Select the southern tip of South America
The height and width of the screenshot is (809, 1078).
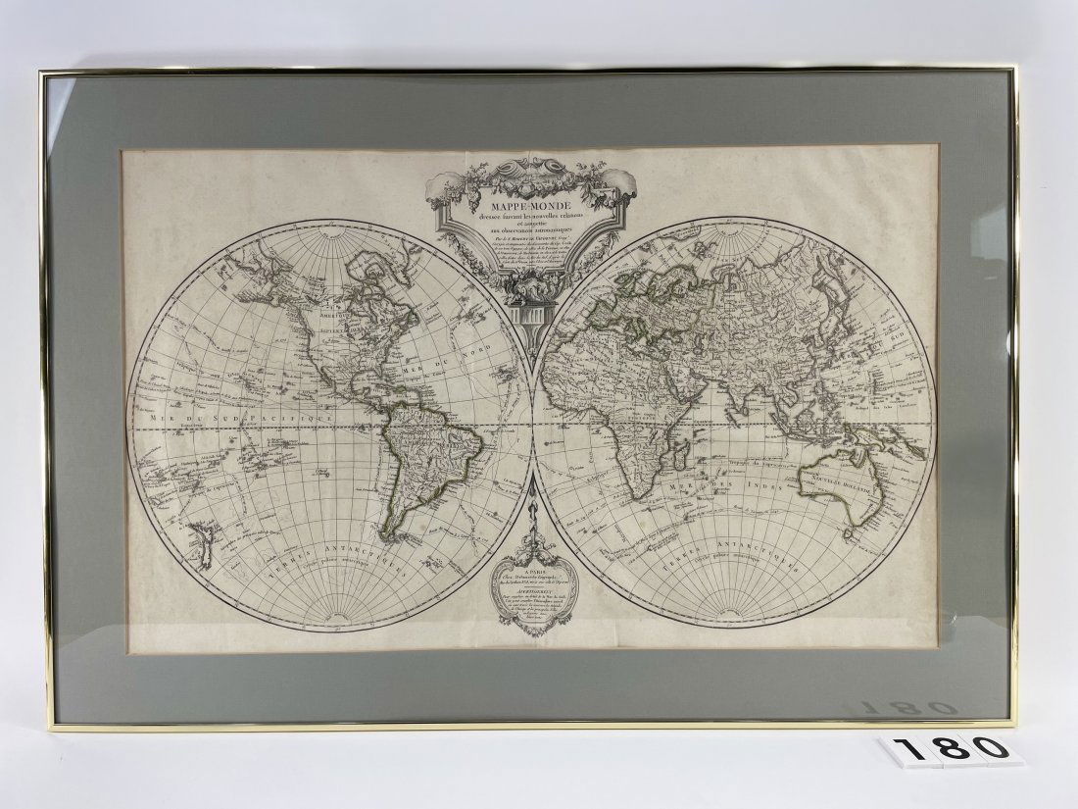click(x=389, y=536)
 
